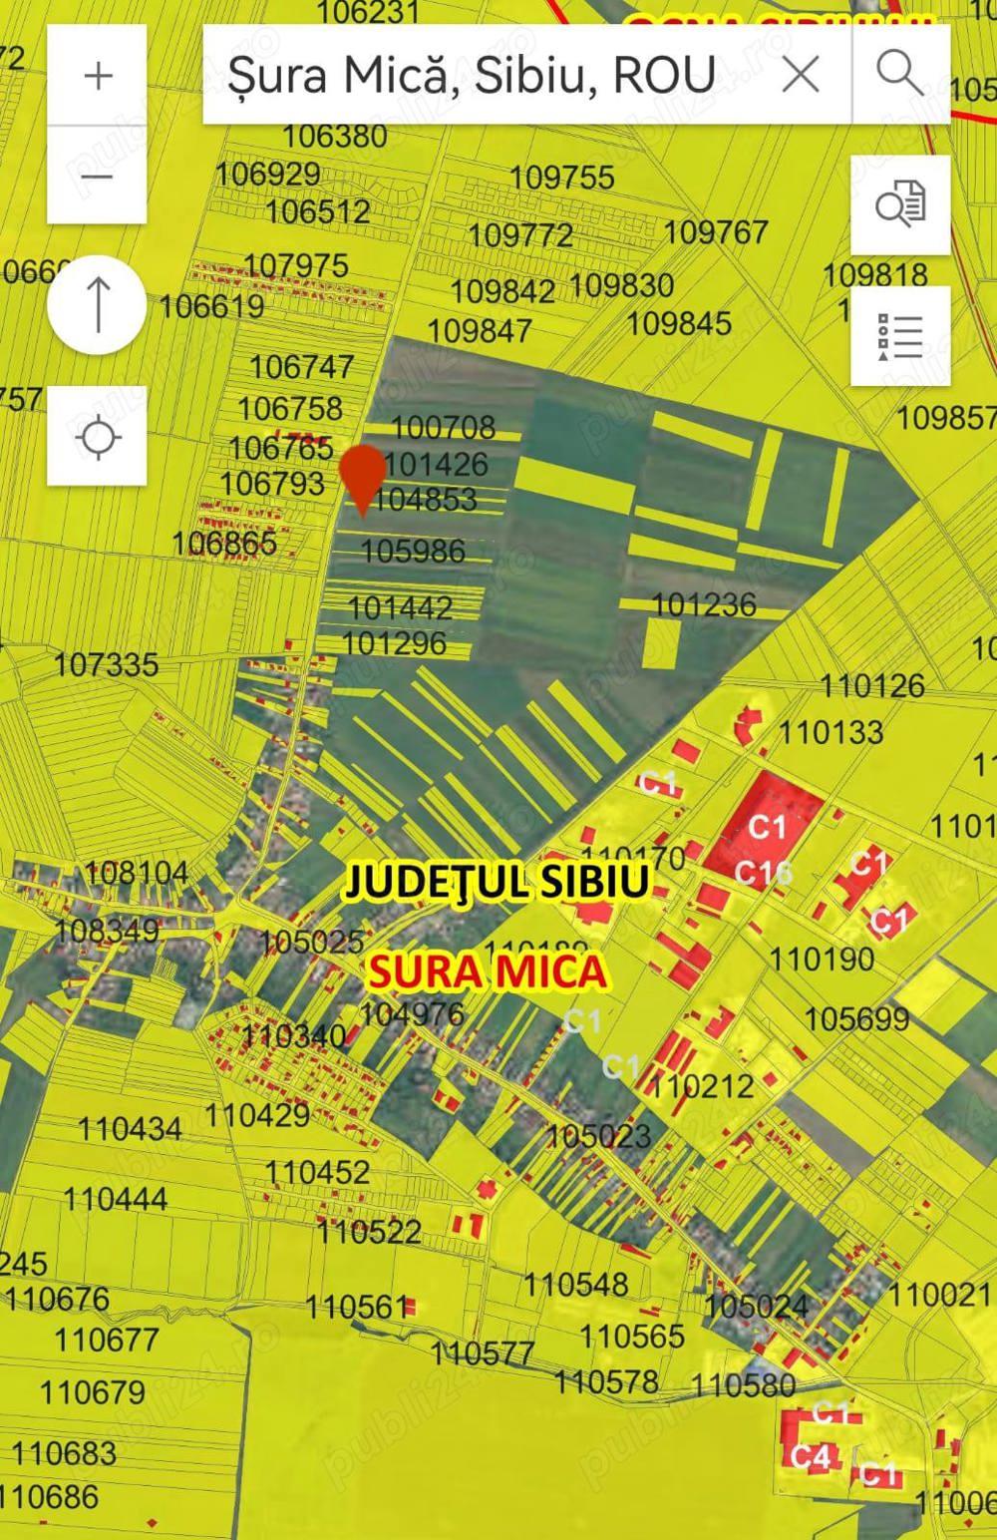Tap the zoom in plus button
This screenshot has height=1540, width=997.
[98, 76]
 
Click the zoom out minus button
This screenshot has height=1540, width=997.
[98, 177]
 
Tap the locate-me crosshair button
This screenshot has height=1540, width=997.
[98, 437]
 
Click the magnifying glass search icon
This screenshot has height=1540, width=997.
[900, 74]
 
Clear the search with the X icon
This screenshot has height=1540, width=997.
[801, 74]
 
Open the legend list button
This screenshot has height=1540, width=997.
[900, 336]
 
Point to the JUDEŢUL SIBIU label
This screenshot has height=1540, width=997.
[497, 882]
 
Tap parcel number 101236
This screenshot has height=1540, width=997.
[704, 604]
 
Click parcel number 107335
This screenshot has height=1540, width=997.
[106, 664]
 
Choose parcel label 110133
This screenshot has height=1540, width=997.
[831, 732]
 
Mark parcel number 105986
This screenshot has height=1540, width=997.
[413, 551]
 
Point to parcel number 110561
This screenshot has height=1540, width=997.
[357, 1307]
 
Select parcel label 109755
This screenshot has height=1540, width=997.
[562, 178]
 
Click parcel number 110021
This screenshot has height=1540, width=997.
[939, 1295]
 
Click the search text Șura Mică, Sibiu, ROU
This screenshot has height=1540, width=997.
[471, 75]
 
